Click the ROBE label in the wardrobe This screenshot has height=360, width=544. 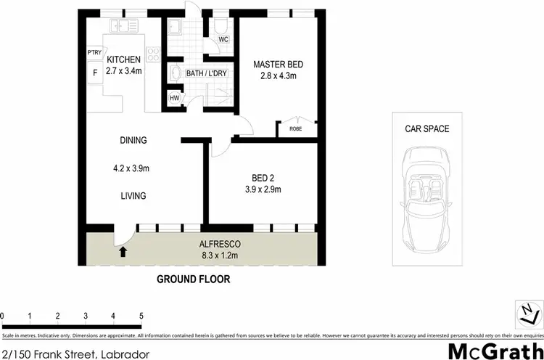tap(295, 128)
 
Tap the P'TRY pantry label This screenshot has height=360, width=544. tap(94, 53)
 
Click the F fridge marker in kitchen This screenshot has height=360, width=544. tap(94, 73)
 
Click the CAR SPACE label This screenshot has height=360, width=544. tap(427, 128)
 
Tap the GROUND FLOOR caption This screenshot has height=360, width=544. tap(199, 278)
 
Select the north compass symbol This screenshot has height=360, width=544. tap(528, 314)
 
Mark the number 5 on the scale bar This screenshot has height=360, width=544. tap(141, 316)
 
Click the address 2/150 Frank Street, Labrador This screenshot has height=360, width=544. tap(75, 353)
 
